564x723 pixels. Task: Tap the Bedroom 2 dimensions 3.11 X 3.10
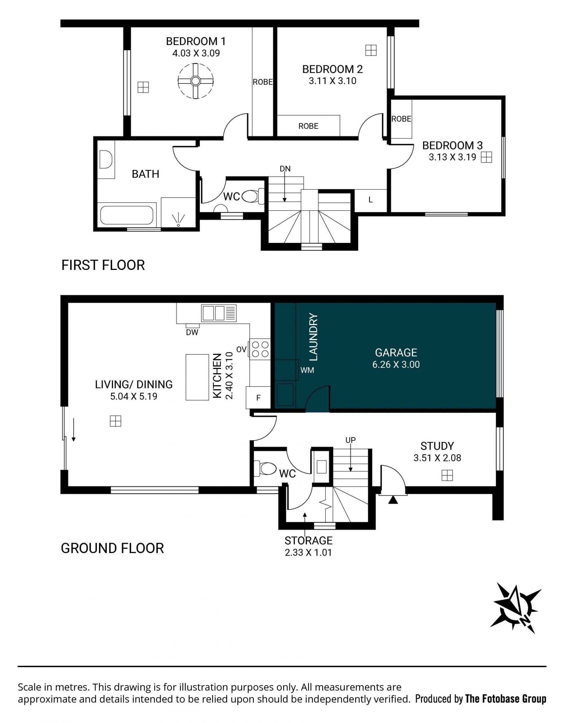(x=333, y=81)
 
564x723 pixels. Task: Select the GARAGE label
(x=396, y=353)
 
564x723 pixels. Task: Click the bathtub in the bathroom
(x=127, y=215)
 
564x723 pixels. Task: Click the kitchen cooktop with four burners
(x=260, y=349)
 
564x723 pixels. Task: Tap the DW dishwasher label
(x=192, y=332)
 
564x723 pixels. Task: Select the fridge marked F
(x=258, y=398)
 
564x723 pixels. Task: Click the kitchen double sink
(x=219, y=313)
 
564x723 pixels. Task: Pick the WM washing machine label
(x=307, y=370)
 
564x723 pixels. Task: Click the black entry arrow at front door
(x=393, y=500)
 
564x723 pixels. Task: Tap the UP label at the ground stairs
(x=350, y=440)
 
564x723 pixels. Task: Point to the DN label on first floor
(x=285, y=169)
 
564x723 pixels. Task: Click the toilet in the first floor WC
(x=253, y=197)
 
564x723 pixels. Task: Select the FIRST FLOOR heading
(x=103, y=265)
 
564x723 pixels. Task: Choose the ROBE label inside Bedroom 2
(x=308, y=126)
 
